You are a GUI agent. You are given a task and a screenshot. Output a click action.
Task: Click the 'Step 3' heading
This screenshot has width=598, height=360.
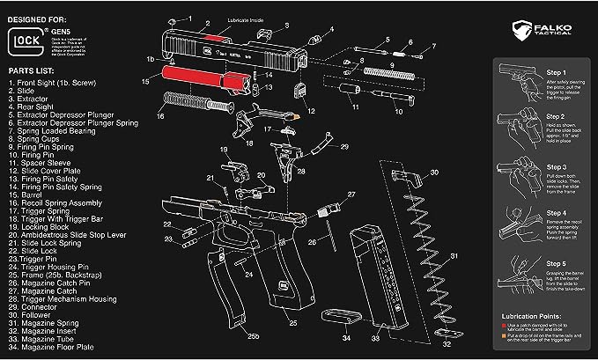tap(557, 166)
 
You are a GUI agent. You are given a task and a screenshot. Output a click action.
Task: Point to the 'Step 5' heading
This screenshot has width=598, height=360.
tap(557, 263)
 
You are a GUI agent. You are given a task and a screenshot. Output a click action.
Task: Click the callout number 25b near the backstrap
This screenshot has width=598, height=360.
tap(253, 337)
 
